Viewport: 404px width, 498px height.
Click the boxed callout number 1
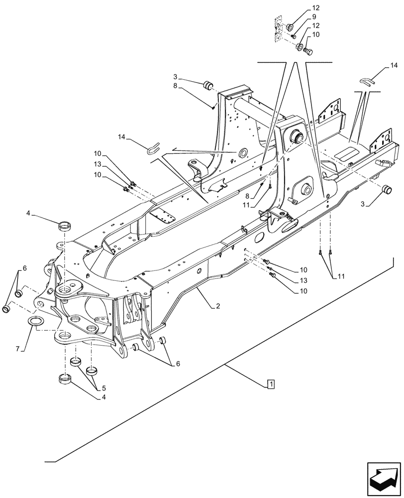tap(270, 384)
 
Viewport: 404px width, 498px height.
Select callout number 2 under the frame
tap(217, 307)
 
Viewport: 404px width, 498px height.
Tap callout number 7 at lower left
tap(18, 350)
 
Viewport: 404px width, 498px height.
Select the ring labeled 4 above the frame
tap(65, 226)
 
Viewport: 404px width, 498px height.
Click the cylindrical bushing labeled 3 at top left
tap(208, 86)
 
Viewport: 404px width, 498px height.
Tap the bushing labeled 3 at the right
tap(387, 189)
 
